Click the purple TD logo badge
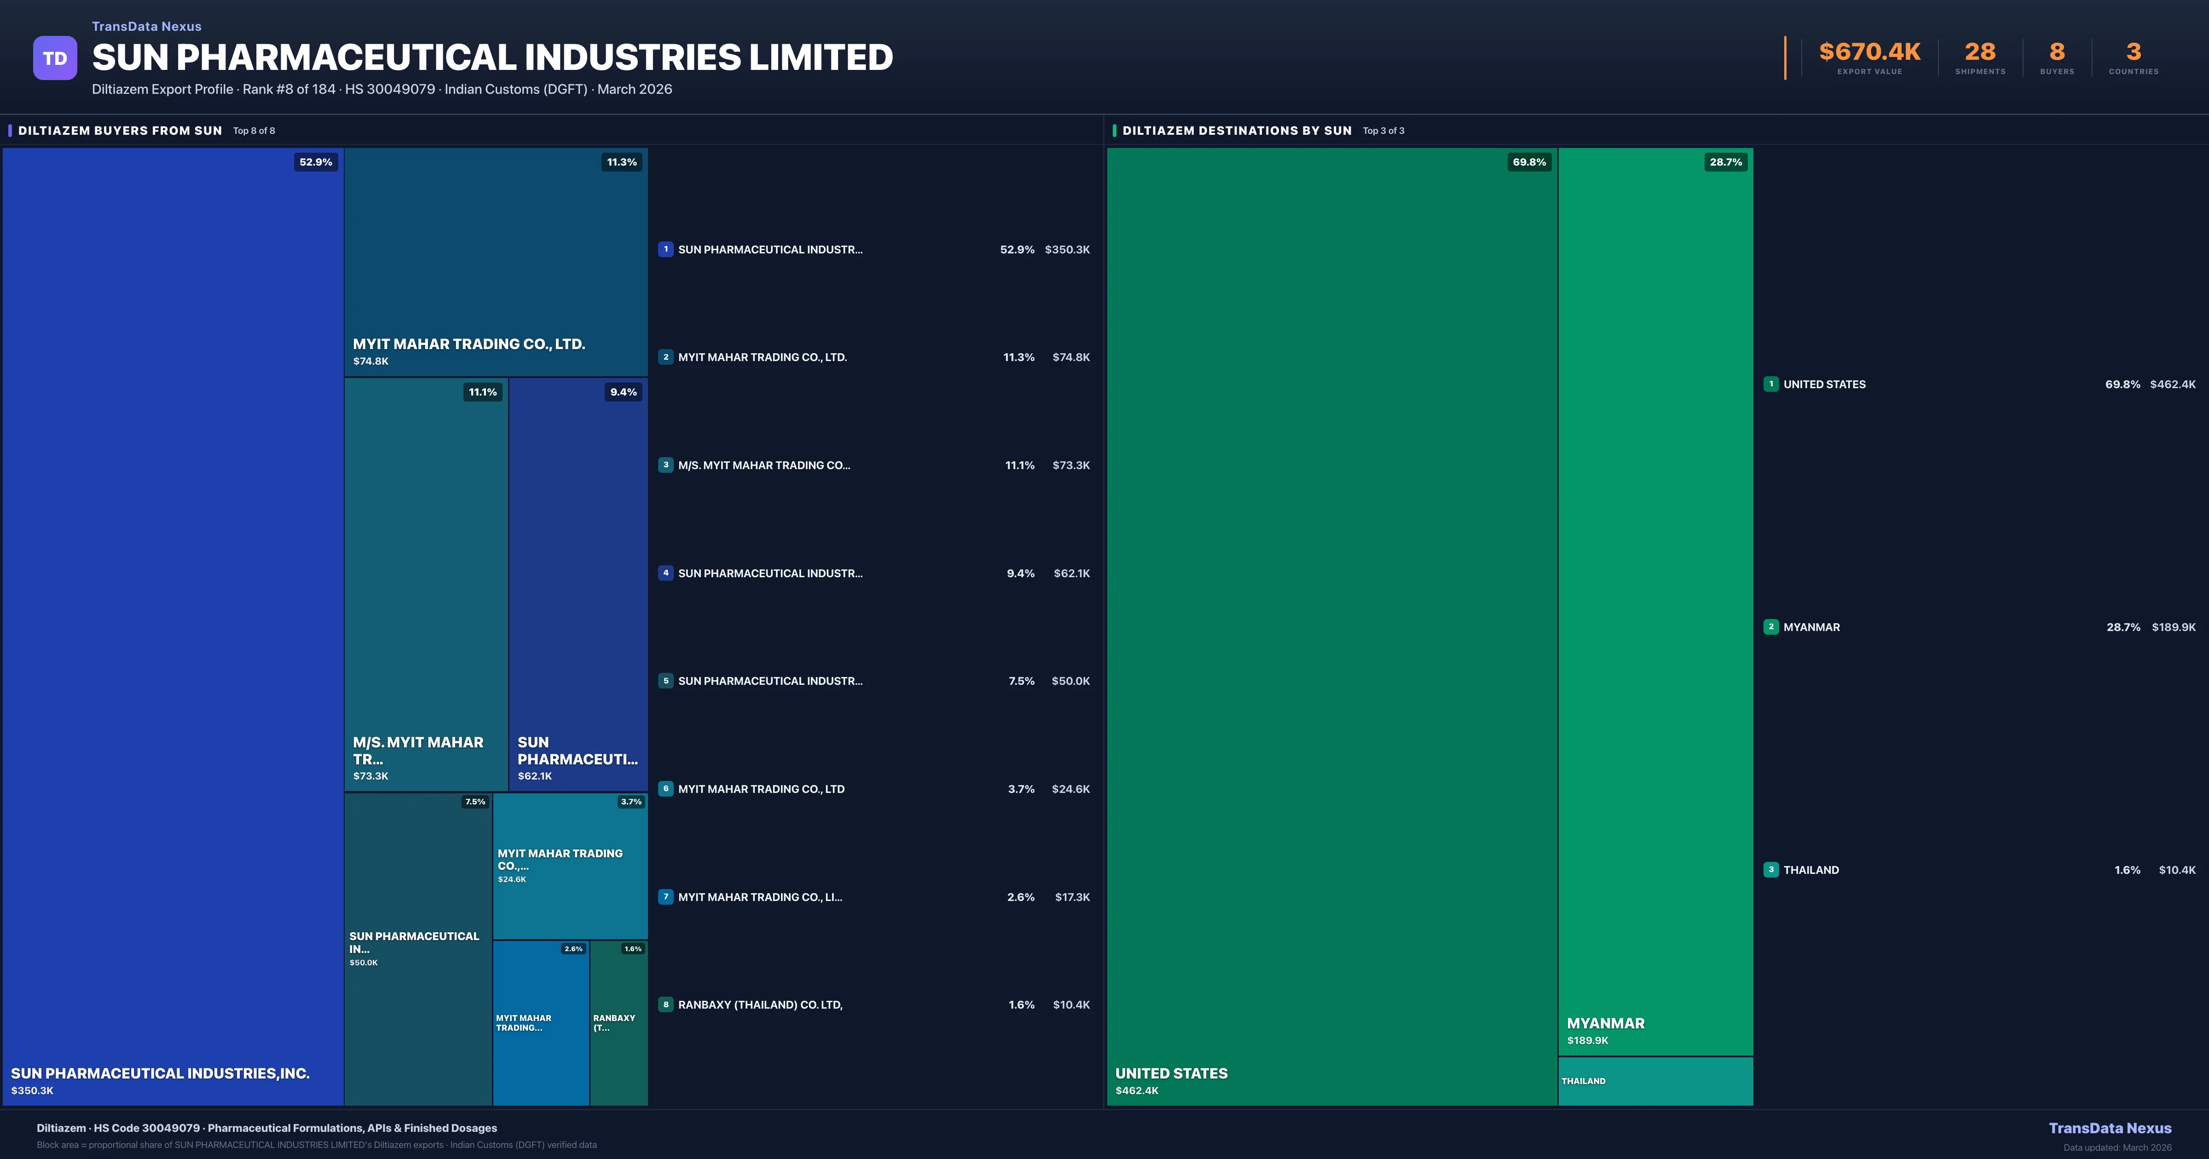[x=55, y=58]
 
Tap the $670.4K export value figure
[x=1869, y=52]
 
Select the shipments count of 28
[x=1980, y=52]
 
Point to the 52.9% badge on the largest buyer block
[x=316, y=162]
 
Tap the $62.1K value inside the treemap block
[x=535, y=776]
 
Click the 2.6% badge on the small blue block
[x=573, y=949]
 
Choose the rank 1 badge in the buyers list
[x=665, y=249]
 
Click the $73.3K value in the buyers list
[x=1071, y=465]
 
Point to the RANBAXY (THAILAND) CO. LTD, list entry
[x=760, y=1004]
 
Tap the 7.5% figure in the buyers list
[x=1021, y=681]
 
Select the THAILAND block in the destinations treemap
[x=1655, y=1081]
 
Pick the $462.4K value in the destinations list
[x=2172, y=384]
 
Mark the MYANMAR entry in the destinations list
[x=1811, y=627]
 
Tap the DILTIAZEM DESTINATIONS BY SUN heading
[x=1237, y=130]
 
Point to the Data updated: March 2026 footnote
[x=2117, y=1147]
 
